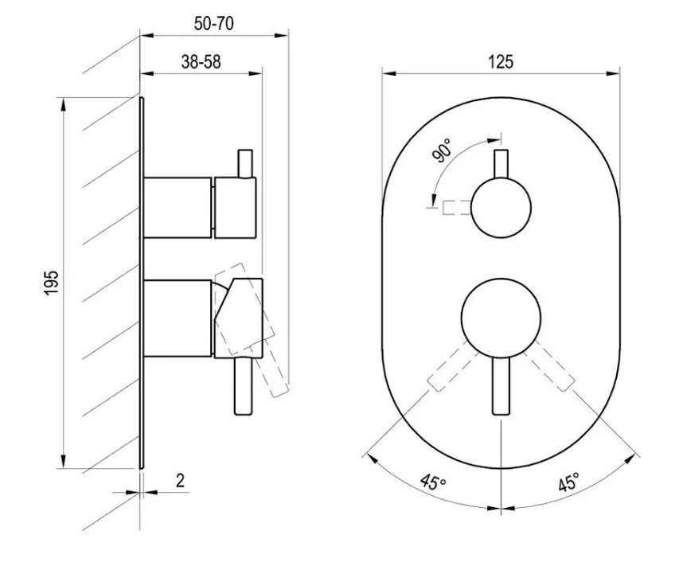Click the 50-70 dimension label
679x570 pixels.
(x=214, y=23)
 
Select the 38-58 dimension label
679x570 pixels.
(x=201, y=62)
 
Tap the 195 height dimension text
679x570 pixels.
(x=51, y=283)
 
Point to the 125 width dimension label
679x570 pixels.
(x=501, y=61)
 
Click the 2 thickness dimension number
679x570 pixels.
(x=181, y=480)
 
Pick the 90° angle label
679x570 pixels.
(x=442, y=150)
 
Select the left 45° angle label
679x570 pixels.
(x=432, y=481)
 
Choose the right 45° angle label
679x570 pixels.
(x=568, y=481)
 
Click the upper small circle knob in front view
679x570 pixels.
(x=501, y=208)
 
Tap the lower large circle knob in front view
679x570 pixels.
(x=501, y=318)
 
